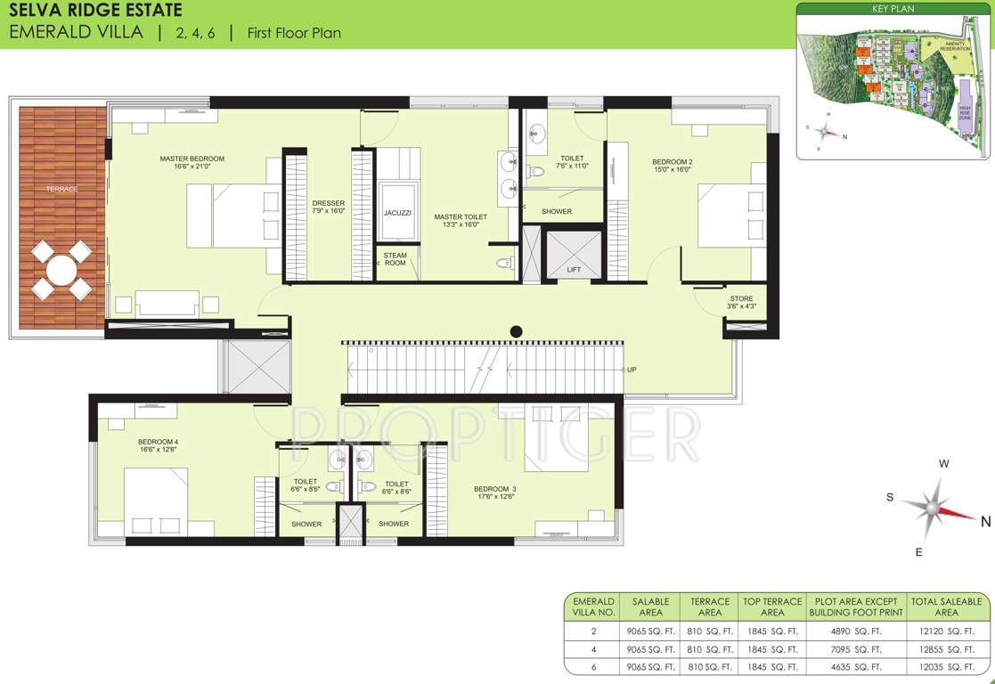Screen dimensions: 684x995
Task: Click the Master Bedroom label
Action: tap(192, 159)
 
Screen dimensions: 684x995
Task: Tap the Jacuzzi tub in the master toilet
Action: tap(397, 213)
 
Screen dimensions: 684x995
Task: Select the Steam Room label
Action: tap(395, 259)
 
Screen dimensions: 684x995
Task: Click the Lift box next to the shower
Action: tap(574, 256)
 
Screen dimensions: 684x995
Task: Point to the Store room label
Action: tap(741, 299)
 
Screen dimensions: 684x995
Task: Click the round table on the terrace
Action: tap(61, 270)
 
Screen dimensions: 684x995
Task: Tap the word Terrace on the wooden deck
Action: tap(62, 189)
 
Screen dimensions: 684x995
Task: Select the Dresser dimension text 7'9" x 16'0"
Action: tap(329, 212)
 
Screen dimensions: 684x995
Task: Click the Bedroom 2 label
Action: tap(673, 162)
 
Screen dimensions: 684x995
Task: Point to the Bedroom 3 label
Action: tap(494, 489)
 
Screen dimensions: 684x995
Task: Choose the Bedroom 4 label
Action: tap(159, 442)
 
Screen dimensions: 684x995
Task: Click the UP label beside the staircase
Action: tap(632, 370)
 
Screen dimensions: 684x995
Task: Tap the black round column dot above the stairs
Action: tap(516, 332)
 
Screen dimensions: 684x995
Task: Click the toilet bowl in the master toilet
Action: tap(504, 263)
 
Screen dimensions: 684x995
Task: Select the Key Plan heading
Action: tap(894, 9)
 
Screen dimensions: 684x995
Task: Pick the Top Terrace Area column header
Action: tap(772, 607)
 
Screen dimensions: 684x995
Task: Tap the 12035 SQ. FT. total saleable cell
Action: tap(946, 667)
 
